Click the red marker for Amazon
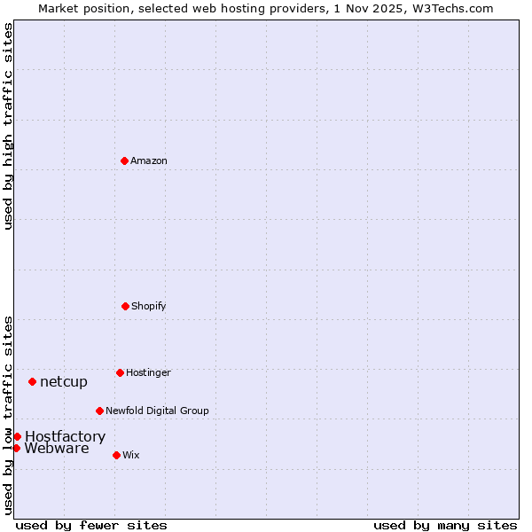(x=125, y=160)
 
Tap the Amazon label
(x=149, y=161)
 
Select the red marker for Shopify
(x=125, y=306)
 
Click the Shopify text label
(x=149, y=307)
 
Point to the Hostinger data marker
(x=120, y=372)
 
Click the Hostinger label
(x=148, y=372)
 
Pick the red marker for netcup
(x=33, y=381)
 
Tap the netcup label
(x=64, y=382)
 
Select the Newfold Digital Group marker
(x=99, y=411)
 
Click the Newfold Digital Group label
(x=157, y=411)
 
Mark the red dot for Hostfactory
(x=17, y=436)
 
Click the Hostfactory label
(x=65, y=436)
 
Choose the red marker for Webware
(x=16, y=448)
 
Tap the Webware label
(x=57, y=449)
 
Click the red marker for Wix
(x=116, y=455)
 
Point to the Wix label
(x=131, y=455)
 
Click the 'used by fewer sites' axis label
(x=91, y=525)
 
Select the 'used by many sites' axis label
(x=445, y=525)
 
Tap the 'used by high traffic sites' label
(x=8, y=126)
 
